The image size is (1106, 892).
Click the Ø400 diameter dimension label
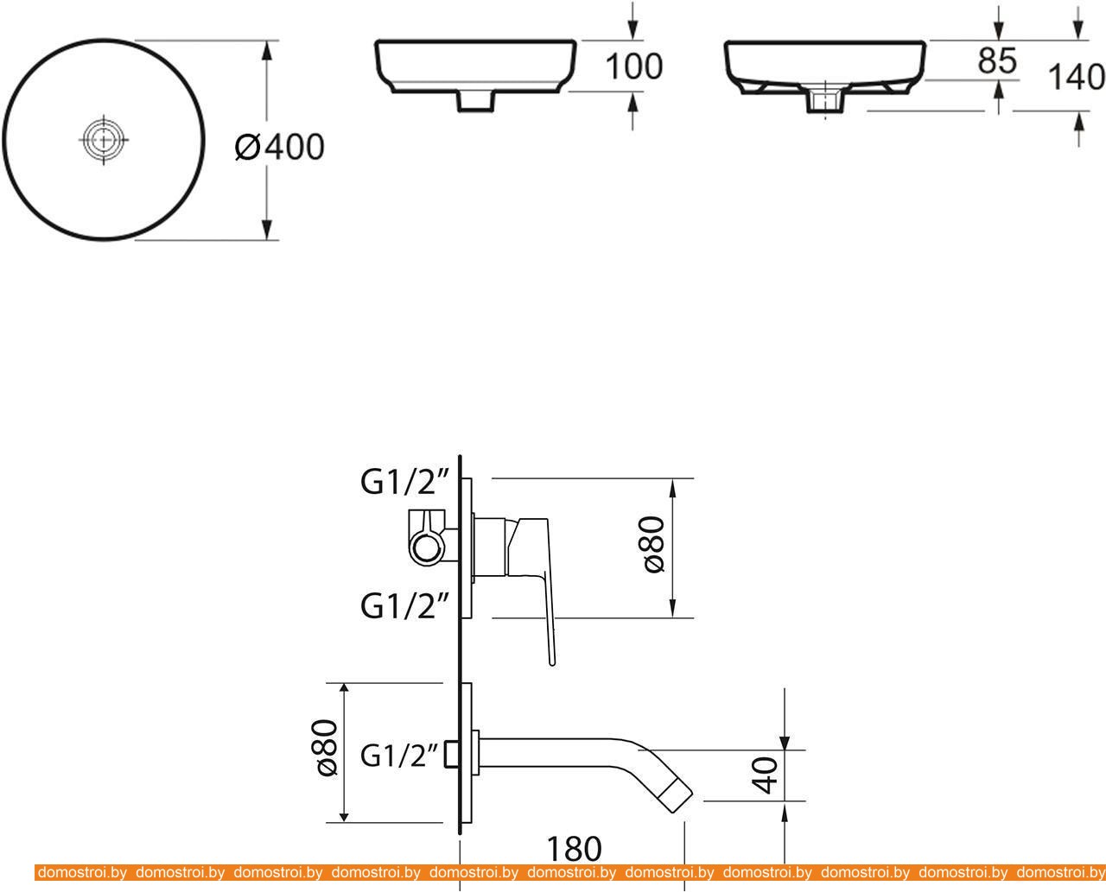click(279, 147)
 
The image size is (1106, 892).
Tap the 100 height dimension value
click(634, 66)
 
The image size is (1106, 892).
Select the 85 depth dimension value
click(996, 60)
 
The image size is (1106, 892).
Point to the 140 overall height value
click(1077, 77)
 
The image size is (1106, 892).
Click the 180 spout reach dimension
click(575, 849)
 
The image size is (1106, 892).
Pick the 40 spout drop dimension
click(766, 775)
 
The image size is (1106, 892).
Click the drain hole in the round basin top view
click(104, 140)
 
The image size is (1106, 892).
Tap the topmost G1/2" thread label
click(404, 482)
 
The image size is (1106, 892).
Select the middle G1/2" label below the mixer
click(404, 605)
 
